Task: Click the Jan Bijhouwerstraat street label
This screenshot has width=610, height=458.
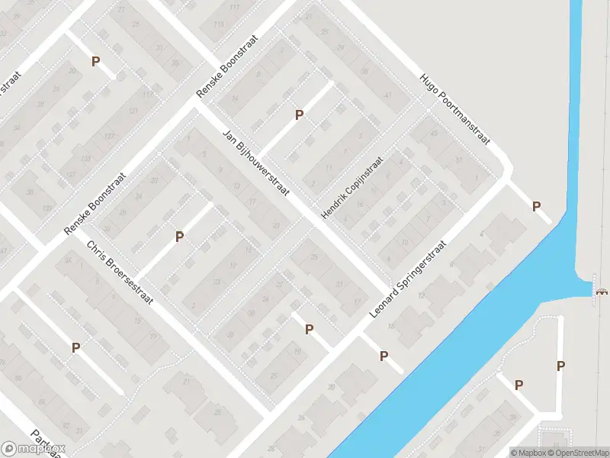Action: (256, 164)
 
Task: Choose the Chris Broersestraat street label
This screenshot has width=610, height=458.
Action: (120, 273)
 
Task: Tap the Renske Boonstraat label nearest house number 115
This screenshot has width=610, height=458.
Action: (227, 66)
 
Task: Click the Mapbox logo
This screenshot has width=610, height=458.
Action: (34, 449)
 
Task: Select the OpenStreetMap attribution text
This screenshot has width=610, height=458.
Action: (584, 453)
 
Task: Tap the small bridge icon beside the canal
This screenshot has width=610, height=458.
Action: (602, 290)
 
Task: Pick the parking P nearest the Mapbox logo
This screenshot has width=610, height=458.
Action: (75, 348)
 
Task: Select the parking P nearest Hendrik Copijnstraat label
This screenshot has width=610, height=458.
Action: (300, 115)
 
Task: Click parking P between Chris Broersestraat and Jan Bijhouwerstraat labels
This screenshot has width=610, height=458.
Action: (179, 237)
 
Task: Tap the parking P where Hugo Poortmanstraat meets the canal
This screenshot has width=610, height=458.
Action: (536, 206)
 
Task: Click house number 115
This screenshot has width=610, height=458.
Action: (219, 24)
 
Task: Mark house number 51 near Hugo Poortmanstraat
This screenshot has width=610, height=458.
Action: (458, 160)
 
